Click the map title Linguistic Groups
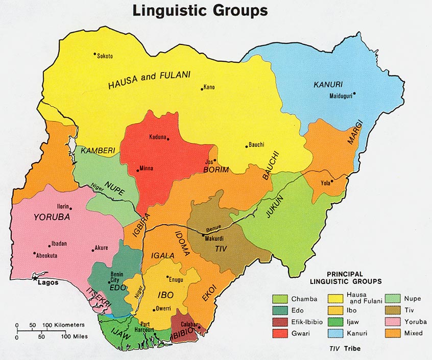pyautogui.click(x=200, y=10)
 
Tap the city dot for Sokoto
pyautogui.click(x=94, y=54)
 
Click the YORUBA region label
pyautogui.click(x=51, y=217)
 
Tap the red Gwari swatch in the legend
pyautogui.click(x=279, y=333)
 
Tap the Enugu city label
pyautogui.click(x=176, y=280)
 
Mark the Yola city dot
pyautogui.click(x=332, y=181)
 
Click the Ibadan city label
pyautogui.click(x=57, y=245)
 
